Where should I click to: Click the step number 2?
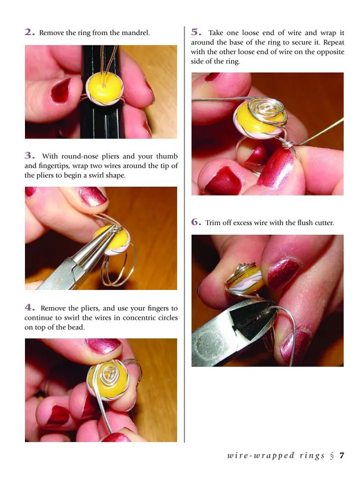(29, 32)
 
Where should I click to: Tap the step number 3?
(29, 155)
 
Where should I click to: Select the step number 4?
(29, 307)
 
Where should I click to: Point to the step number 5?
(196, 32)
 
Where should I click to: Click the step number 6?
(196, 222)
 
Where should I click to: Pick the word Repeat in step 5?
(333, 42)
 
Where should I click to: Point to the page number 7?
(342, 455)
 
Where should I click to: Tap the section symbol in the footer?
(332, 456)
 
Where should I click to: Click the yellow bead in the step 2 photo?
(104, 89)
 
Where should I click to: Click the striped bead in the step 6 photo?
(244, 280)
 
